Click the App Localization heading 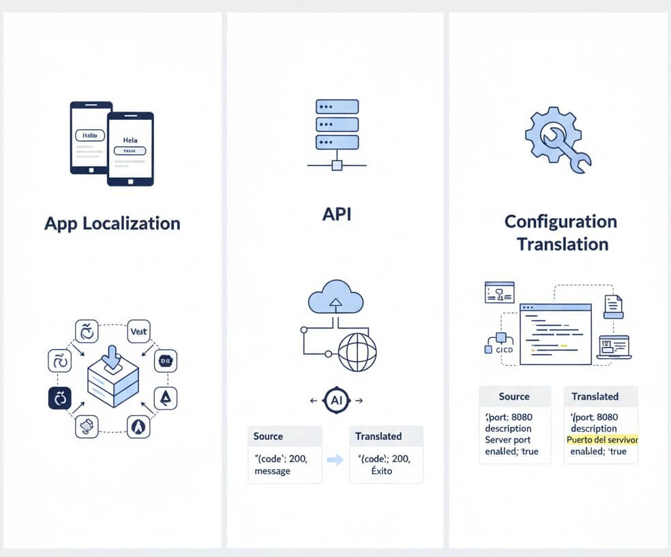coord(112,223)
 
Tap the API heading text coord(337,214)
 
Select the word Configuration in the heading coord(561,221)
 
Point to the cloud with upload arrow coord(334,298)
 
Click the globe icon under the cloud coord(357,351)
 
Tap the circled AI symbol coord(336,400)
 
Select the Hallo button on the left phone coord(89,136)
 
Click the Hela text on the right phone coord(130,140)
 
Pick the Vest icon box coord(138,332)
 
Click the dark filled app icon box coord(59,398)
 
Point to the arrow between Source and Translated coord(335,460)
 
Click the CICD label coord(505,350)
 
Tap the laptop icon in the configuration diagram coord(614,347)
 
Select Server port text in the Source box coord(509,440)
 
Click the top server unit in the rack coord(337,107)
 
